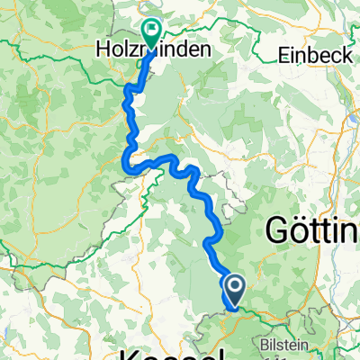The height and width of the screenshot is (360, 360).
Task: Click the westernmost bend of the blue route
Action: [x=122, y=162]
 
